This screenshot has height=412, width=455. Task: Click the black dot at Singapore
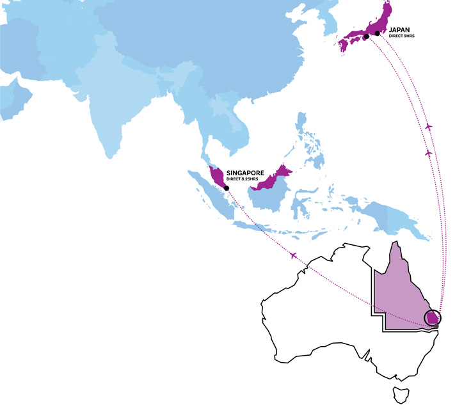[227, 187]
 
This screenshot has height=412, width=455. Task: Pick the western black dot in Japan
[367, 36]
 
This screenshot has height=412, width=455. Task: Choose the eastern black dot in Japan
[378, 33]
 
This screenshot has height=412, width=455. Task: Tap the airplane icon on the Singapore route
[293, 256]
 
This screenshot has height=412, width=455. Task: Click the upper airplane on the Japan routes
[429, 127]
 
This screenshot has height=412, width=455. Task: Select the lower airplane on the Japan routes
[429, 154]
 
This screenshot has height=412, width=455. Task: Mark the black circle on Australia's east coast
[433, 317]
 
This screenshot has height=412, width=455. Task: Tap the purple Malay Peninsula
[217, 177]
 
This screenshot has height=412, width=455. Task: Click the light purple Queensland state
[400, 294]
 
